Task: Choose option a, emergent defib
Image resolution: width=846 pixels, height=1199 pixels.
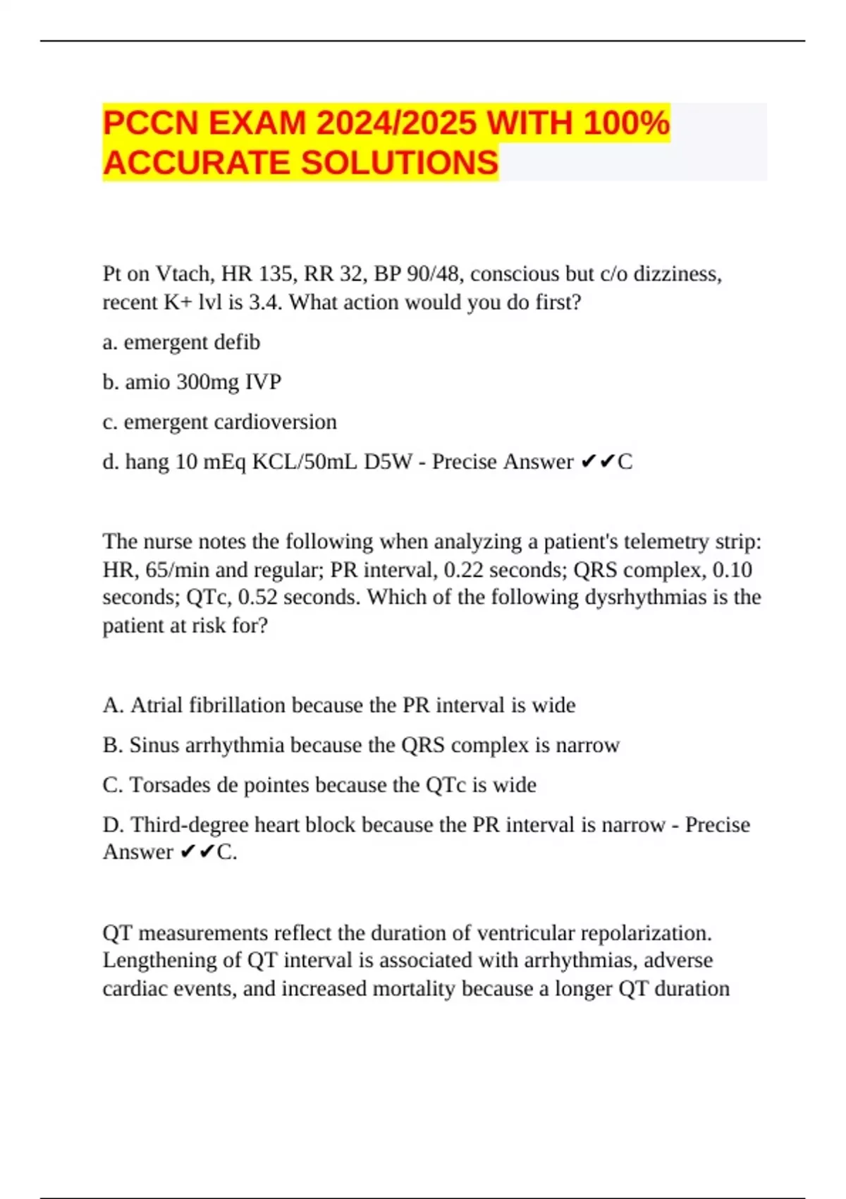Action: pyautogui.click(x=181, y=342)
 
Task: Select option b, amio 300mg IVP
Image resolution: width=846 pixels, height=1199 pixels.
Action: pyautogui.click(x=192, y=382)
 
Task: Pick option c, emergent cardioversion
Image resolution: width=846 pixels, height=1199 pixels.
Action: pyautogui.click(x=219, y=422)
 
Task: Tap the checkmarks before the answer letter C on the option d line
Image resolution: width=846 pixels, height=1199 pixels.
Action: pyautogui.click(x=597, y=462)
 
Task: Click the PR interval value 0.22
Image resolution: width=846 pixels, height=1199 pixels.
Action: pyautogui.click(x=465, y=570)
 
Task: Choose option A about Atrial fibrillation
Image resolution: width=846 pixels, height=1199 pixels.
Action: pyautogui.click(x=338, y=705)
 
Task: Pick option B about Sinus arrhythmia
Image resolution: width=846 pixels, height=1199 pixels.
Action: pyautogui.click(x=360, y=745)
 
